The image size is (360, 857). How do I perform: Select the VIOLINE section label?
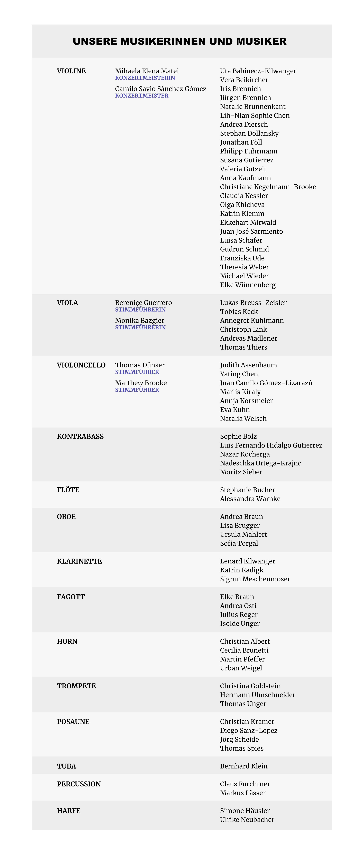(71, 71)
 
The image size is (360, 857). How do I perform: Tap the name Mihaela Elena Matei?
(147, 71)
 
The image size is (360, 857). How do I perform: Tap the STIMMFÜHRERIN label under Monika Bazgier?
(140, 327)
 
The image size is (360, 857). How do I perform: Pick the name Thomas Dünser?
(140, 365)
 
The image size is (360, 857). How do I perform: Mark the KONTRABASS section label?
(80, 436)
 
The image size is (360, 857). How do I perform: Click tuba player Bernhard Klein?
(243, 766)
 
